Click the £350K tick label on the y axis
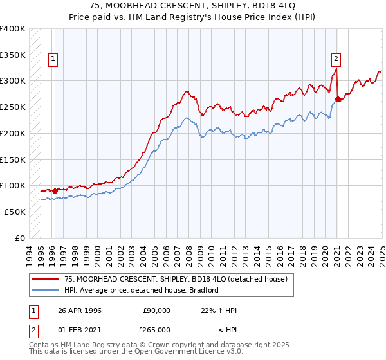pyautogui.click(x=13, y=55)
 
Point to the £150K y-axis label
pyautogui.click(x=13, y=159)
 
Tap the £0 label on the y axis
pyautogui.click(x=21, y=238)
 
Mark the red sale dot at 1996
pyautogui.click(x=55, y=190)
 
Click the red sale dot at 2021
pyautogui.click(x=338, y=99)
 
